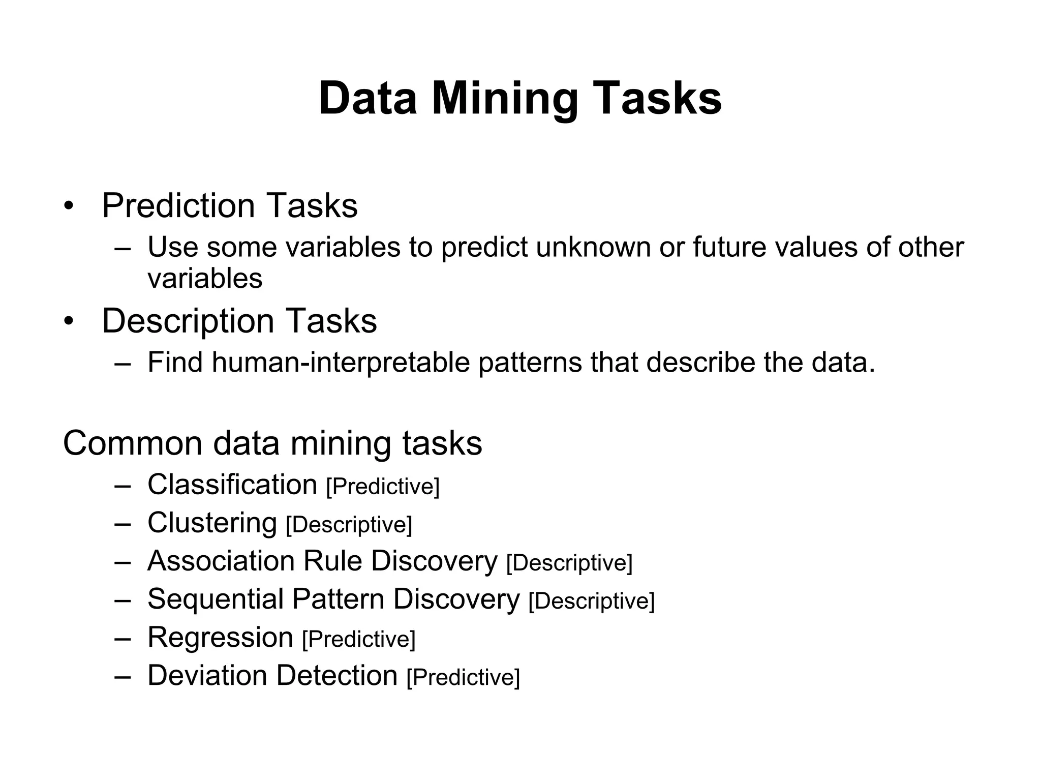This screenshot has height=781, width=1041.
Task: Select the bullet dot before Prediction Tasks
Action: tap(69, 206)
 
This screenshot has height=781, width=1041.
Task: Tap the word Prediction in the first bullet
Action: tap(178, 205)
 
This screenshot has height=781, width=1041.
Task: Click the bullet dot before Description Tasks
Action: tap(69, 322)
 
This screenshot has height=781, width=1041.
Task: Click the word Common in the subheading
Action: tap(133, 443)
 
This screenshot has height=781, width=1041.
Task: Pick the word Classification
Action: tap(232, 485)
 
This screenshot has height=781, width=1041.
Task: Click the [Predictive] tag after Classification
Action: tap(383, 487)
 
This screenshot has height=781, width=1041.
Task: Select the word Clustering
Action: tap(212, 523)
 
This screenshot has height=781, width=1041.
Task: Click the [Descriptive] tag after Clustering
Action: tap(349, 525)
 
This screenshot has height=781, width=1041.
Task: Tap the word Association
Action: tap(221, 561)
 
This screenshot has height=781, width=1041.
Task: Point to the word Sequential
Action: tap(216, 599)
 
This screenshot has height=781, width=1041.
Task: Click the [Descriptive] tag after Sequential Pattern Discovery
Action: tap(592, 601)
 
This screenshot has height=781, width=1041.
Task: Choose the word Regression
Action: tap(220, 638)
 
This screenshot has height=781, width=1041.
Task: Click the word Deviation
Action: tap(207, 676)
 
